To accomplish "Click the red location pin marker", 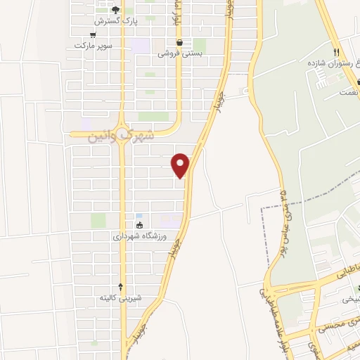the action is pos(181,165).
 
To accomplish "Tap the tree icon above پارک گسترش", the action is pos(116,10).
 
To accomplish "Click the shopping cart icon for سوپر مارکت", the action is pos(93,34).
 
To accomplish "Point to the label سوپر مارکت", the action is pos(94,46).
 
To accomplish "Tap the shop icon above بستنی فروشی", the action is pos(180,41).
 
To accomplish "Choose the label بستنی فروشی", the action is pos(179,53).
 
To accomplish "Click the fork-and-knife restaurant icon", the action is pos(337,52).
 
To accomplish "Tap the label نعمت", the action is pos(347,92).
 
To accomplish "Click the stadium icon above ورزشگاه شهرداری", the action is pos(139,226).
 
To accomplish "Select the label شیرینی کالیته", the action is pos(120,297).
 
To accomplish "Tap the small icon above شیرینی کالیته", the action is pos(120,286).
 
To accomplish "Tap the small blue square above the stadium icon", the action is pos(139,215).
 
